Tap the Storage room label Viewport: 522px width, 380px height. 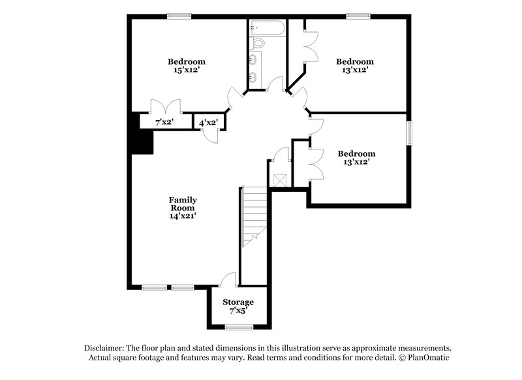click(238, 302)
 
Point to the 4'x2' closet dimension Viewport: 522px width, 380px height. click(208, 122)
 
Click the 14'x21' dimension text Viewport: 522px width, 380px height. click(183, 215)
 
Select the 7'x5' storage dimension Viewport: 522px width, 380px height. click(238, 311)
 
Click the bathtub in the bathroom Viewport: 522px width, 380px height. click(268, 27)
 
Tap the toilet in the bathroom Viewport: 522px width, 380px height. click(258, 44)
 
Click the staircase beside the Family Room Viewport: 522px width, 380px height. click(254, 215)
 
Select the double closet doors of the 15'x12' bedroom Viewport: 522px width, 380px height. click(164, 107)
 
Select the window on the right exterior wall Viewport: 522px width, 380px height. click(410, 132)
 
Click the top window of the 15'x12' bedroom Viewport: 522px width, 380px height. click(176, 16)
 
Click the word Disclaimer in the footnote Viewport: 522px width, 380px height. click(106, 348)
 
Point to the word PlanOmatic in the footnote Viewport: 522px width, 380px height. click(427, 358)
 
